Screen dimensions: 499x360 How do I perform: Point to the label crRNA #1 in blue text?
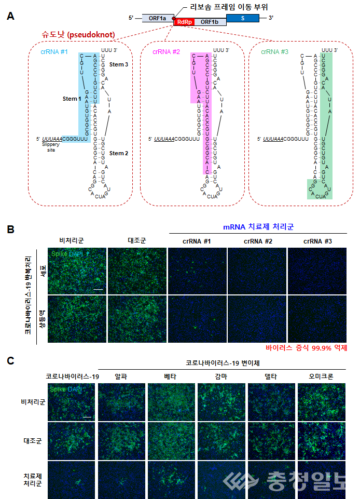tap(54, 52)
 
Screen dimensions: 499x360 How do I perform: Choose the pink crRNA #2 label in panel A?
tap(166, 52)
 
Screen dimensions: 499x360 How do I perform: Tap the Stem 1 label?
tap(73, 99)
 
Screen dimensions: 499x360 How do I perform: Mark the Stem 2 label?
tap(120, 153)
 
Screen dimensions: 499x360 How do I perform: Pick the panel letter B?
tap(10, 229)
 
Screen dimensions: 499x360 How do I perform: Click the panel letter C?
tap(10, 359)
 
